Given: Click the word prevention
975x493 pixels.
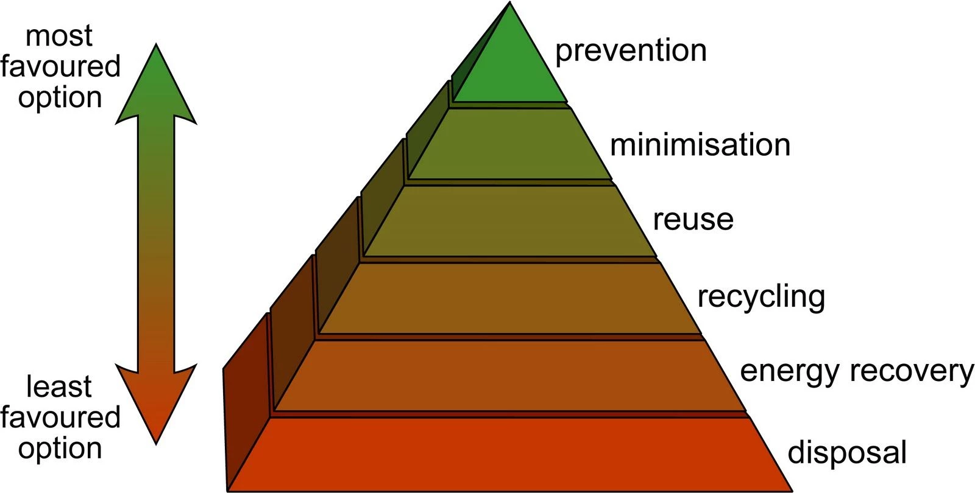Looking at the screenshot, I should pos(631,51).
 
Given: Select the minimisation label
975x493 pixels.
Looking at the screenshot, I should pos(700,145).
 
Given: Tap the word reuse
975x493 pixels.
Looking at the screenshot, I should pos(693,220).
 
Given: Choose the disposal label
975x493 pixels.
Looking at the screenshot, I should pos(847,453).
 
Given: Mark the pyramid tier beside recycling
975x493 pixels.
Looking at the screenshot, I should pos(509,298).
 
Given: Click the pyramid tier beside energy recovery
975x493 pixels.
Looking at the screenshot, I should pos(509,374).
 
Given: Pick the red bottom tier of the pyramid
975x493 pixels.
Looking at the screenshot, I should pos(509,453).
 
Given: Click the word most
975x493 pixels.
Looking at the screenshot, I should pos(58,36).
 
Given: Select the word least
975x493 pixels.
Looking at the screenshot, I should pos(58,387).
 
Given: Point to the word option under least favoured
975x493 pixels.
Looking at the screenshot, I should pos(60,449).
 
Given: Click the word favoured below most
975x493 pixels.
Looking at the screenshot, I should pos(60,66).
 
